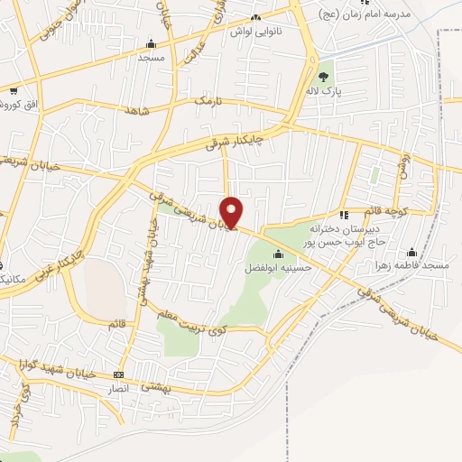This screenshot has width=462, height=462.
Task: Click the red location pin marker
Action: point(232,212)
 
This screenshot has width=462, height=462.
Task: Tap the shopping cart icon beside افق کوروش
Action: point(14,91)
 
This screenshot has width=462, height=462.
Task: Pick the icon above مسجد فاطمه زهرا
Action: point(412,252)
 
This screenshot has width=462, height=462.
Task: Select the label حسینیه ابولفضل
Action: point(280,267)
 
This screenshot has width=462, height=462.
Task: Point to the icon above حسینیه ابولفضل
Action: point(277,254)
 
